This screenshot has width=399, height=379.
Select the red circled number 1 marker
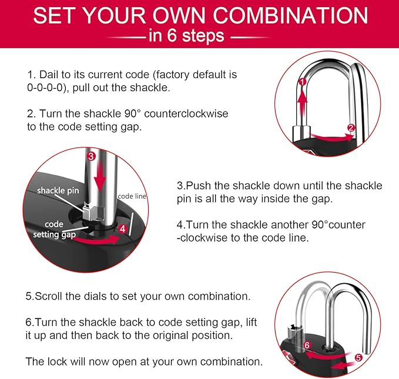click(x=302, y=82)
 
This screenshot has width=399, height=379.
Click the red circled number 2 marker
click(x=351, y=128)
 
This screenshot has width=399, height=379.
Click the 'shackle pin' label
click(x=58, y=191)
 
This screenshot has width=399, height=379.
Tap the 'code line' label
click(x=132, y=196)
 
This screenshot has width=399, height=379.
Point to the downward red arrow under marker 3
click(x=99, y=176)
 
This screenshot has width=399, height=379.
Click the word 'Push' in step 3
click(x=200, y=186)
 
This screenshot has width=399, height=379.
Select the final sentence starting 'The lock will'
click(x=144, y=361)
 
